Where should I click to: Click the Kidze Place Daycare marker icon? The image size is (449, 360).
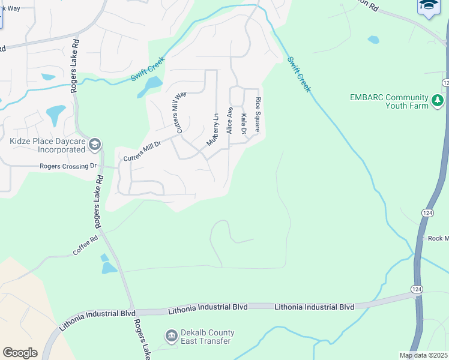click(95, 145)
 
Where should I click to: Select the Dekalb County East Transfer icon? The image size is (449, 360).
click(171, 335)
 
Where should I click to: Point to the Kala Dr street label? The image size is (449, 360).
click(244, 125)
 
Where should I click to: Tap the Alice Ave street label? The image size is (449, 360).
click(229, 120)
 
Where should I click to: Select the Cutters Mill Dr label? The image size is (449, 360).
click(142, 152)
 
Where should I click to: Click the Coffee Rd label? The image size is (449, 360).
click(85, 246)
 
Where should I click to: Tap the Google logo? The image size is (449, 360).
click(20, 353)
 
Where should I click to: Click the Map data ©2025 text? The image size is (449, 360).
click(423, 355)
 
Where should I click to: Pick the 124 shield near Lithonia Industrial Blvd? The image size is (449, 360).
click(416, 289)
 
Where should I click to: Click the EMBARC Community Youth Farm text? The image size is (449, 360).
click(390, 101)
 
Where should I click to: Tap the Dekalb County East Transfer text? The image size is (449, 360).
click(208, 337)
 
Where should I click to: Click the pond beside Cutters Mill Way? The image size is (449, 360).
click(150, 86)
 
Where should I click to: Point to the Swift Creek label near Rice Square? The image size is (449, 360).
click(298, 74)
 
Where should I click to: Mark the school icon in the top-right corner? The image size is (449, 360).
click(429, 6)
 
